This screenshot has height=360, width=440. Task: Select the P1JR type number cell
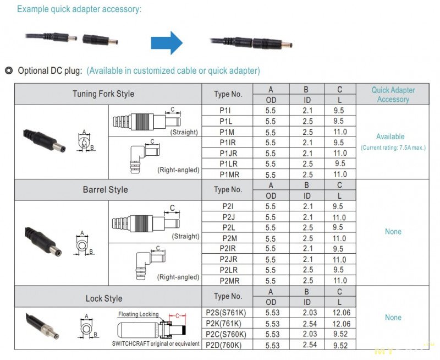click(228, 153)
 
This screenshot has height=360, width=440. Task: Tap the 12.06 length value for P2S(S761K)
click(339, 313)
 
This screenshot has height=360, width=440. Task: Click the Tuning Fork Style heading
click(103, 94)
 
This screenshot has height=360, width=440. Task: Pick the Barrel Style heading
click(105, 189)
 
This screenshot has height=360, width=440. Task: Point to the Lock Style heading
click(104, 298)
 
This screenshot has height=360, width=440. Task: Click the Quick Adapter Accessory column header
click(393, 95)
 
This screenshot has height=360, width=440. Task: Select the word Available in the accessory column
click(390, 137)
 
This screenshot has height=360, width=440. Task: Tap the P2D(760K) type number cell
click(227, 345)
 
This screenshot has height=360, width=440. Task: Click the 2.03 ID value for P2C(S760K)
click(306, 334)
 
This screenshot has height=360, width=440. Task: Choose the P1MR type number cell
click(228, 174)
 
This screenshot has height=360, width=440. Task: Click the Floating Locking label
click(138, 314)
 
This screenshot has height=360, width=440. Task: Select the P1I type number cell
click(228, 110)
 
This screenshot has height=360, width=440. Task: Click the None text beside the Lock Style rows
click(393, 318)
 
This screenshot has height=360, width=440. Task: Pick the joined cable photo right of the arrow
click(251, 42)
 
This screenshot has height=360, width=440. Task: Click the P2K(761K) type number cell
click(227, 324)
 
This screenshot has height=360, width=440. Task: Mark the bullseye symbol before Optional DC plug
click(8, 70)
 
